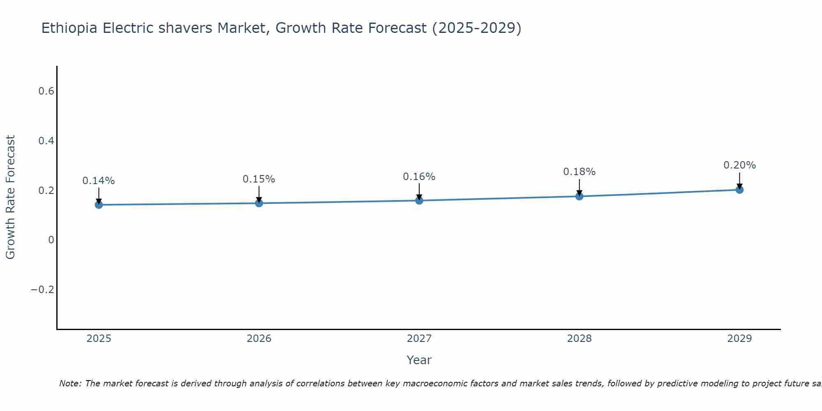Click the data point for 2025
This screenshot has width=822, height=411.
[x=99, y=205]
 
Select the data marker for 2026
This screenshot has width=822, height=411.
[x=259, y=203]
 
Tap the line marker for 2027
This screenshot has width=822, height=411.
[x=419, y=201]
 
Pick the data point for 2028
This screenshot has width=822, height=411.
[x=579, y=196]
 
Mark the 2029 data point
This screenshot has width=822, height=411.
[x=739, y=189]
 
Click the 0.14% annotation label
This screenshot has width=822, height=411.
[x=99, y=181]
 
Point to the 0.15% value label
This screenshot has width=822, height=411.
[x=259, y=179]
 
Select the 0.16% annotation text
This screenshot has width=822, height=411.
[x=419, y=177]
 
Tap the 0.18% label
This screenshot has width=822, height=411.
[x=579, y=172]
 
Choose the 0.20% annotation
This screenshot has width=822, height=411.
[x=739, y=165]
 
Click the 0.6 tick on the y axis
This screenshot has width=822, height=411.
[x=46, y=91]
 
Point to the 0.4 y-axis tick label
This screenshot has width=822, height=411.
[x=46, y=141]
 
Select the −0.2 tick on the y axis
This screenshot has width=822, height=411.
[x=43, y=290]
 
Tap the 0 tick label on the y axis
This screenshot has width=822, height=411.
[x=51, y=240]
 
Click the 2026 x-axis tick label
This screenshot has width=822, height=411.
[x=259, y=339]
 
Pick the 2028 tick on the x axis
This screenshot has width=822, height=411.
[x=579, y=339]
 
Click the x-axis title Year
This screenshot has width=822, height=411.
[x=419, y=360]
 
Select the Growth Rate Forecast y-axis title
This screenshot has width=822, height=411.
[x=11, y=197]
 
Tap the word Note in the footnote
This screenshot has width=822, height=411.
[x=70, y=384]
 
